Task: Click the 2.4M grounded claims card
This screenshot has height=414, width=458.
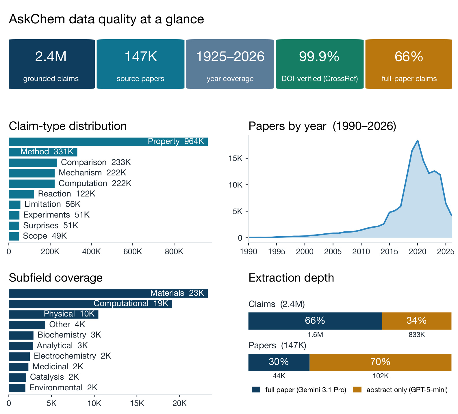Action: (x=52, y=64)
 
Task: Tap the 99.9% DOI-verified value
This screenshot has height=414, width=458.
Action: (x=319, y=57)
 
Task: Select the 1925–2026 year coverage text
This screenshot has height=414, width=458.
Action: (x=230, y=57)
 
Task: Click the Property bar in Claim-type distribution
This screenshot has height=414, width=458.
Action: (x=108, y=142)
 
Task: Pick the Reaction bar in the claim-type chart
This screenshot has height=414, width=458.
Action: (x=21, y=194)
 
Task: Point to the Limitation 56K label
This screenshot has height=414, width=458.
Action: (x=52, y=204)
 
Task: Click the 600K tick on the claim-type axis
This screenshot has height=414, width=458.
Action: (x=133, y=251)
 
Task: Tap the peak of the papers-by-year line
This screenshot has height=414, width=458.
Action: (x=418, y=141)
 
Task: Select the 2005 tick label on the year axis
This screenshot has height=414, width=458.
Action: (x=333, y=252)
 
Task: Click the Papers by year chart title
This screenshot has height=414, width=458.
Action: (x=322, y=126)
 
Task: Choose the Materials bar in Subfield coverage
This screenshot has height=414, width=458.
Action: (x=108, y=293)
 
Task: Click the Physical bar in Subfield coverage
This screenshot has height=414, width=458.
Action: (x=53, y=314)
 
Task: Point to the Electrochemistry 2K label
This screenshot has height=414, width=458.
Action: (x=73, y=356)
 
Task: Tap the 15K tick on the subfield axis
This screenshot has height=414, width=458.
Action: (x=137, y=403)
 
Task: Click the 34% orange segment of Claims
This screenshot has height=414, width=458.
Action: (x=417, y=321)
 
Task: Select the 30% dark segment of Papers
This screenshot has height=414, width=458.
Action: (x=279, y=362)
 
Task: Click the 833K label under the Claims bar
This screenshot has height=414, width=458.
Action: (x=417, y=335)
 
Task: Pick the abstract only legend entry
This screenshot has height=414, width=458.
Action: (x=400, y=390)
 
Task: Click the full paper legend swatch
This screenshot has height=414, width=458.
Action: (x=256, y=390)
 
